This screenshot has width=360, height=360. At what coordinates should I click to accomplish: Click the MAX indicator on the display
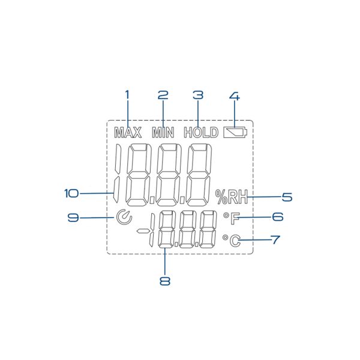point(128,133)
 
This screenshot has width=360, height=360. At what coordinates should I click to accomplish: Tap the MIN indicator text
point(163,133)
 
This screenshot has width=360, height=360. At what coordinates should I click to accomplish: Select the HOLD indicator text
point(201,133)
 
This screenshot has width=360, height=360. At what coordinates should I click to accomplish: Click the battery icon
point(235,133)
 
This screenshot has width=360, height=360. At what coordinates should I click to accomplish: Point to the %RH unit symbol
point(232,197)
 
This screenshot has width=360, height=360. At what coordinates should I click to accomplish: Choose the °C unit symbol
point(232,241)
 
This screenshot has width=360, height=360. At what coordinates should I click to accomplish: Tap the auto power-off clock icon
point(124,217)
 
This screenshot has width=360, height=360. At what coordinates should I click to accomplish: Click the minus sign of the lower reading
point(142,230)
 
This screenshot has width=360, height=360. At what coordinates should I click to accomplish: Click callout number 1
point(127,95)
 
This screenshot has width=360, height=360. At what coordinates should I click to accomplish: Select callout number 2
point(163,95)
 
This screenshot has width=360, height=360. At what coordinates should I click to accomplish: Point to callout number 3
point(198,95)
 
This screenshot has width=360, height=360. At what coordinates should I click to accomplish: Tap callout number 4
point(235,96)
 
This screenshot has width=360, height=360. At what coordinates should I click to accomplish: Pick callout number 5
point(287,197)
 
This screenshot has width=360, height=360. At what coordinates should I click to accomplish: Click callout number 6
point(278,216)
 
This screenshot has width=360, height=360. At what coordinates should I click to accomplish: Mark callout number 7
point(275,239)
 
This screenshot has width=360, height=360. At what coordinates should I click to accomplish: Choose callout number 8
point(165,281)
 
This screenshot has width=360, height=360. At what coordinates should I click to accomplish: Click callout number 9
point(73,217)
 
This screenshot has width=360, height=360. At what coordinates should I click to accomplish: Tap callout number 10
point(71,193)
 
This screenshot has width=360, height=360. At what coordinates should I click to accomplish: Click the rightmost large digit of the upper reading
point(199,175)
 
